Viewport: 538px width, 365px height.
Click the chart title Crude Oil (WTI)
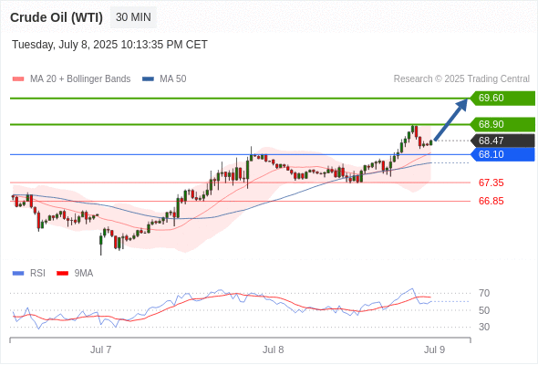pyautogui.click(x=57, y=17)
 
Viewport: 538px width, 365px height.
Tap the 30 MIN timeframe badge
pyautogui.click(x=133, y=17)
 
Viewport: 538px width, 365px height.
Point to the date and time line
pyautogui.click(x=109, y=45)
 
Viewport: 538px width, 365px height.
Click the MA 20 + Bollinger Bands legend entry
pyautogui.click(x=71, y=79)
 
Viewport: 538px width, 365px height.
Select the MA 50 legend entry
pyautogui.click(x=164, y=79)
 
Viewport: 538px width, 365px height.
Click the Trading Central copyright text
pyautogui.click(x=461, y=79)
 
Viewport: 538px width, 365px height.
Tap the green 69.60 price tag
pyautogui.click(x=502, y=99)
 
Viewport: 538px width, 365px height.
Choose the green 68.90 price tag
pyautogui.click(x=502, y=124)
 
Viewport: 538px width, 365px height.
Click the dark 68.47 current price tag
pyautogui.click(x=502, y=141)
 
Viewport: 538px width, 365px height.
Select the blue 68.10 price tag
pyautogui.click(x=502, y=154)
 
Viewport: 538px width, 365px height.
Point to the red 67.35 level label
pyautogui.click(x=491, y=182)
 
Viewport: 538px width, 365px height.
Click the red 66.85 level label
pyautogui.click(x=491, y=201)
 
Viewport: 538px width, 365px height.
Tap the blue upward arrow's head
pyautogui.click(x=462, y=104)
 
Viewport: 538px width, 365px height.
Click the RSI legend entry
pyautogui.click(x=29, y=274)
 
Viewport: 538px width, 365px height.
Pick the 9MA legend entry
pyautogui.click(x=75, y=274)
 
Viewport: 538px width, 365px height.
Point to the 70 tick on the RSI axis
pyautogui.click(x=484, y=293)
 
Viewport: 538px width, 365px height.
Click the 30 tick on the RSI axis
pyautogui.click(x=484, y=327)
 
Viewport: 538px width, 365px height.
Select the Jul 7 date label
pyautogui.click(x=101, y=349)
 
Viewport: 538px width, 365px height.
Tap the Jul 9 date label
pyautogui.click(x=434, y=349)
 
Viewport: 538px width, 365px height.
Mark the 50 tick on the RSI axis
pyautogui.click(x=484, y=310)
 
